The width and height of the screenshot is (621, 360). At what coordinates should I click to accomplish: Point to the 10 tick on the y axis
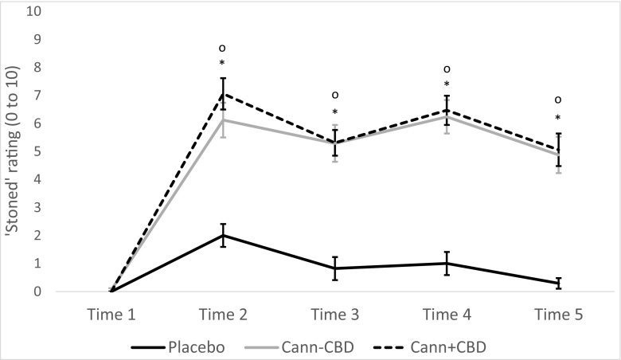click(x=37, y=12)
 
